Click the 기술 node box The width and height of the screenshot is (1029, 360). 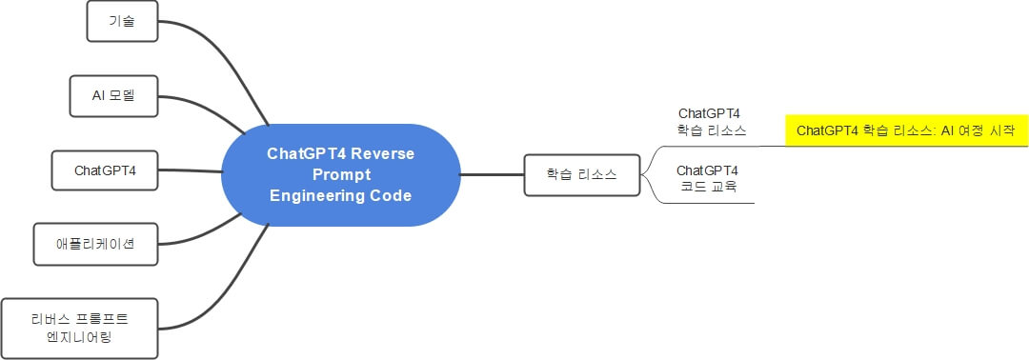tap(121, 21)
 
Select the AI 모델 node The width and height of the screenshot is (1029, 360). tap(113, 96)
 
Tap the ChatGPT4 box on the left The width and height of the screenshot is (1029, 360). tap(106, 170)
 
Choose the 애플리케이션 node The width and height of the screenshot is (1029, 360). tap(95, 244)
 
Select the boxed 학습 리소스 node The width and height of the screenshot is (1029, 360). tap(581, 175)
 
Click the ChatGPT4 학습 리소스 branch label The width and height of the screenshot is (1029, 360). tap(712, 122)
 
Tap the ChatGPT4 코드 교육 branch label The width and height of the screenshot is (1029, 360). tap(707, 178)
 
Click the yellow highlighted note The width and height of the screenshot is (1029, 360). tap(906, 130)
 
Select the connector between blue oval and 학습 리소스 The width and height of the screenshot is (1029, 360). tap(492, 175)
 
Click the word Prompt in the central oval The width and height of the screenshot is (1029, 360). tap(340, 174)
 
